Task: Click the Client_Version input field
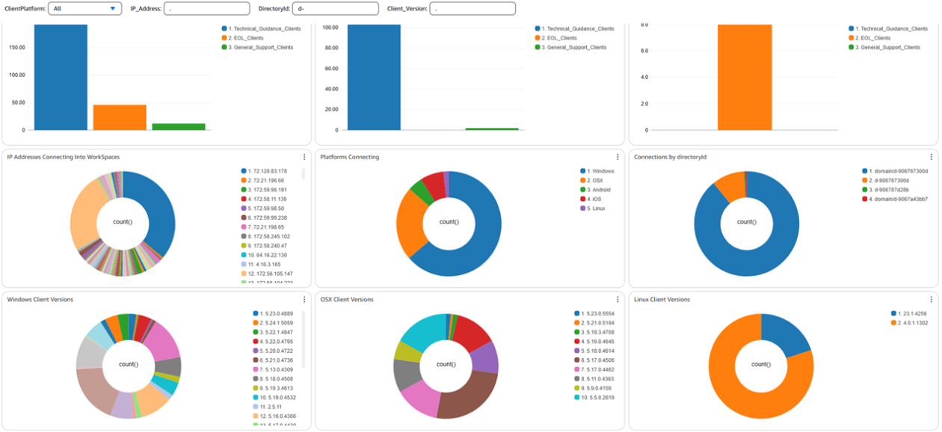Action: coord(472,9)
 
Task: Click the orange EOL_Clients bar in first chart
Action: coord(120,117)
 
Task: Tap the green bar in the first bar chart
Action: coord(179,127)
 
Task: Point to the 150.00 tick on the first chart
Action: coord(16,47)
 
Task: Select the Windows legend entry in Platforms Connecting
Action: coord(603,172)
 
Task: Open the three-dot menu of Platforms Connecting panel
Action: coord(618,157)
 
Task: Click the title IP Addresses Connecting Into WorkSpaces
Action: coord(63,157)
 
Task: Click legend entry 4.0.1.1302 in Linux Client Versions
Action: coord(917,323)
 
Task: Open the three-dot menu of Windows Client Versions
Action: coord(304,300)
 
